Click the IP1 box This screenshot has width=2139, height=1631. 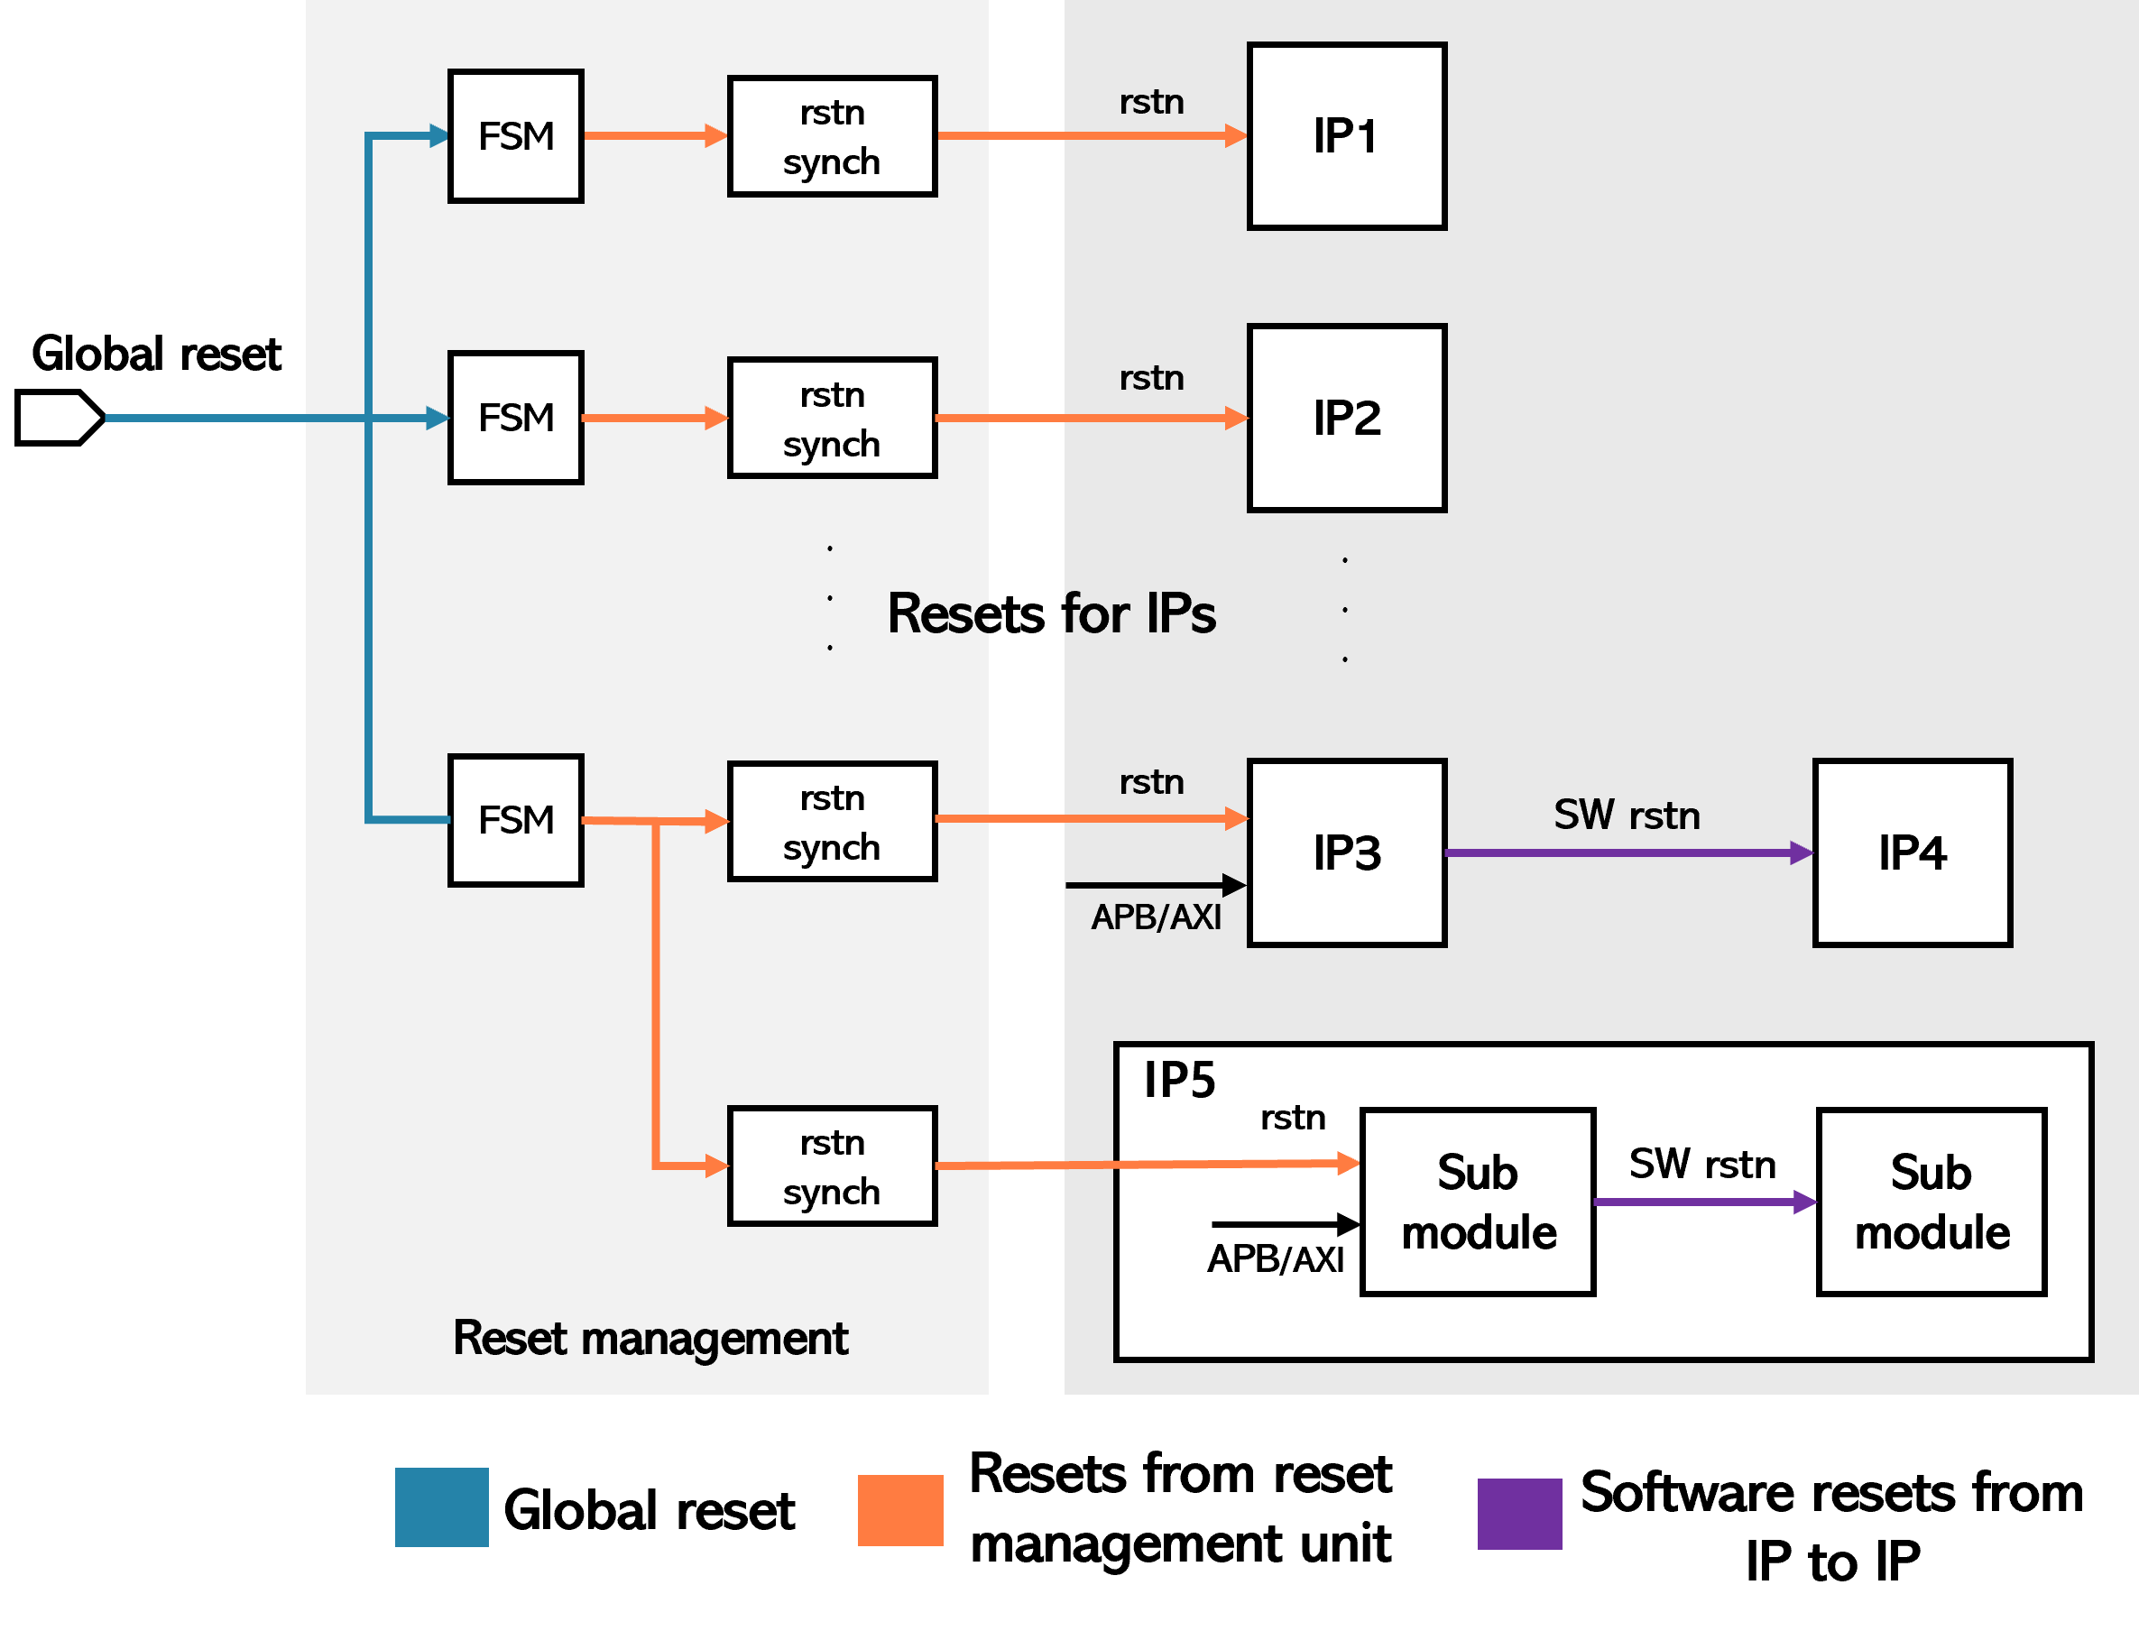[x=1346, y=136]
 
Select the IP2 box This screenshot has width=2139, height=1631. [x=1346, y=418]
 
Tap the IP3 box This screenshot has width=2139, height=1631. [x=1346, y=852]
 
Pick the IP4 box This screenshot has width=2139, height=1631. [x=1911, y=852]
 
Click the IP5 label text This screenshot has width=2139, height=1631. [x=1179, y=1081]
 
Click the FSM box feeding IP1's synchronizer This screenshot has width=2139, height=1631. [x=515, y=136]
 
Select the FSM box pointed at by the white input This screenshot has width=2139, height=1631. [x=515, y=418]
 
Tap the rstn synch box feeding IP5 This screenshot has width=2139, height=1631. [x=832, y=1166]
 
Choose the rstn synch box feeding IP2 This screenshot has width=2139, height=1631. [x=832, y=418]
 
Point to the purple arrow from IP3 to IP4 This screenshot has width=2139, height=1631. [x=1627, y=853]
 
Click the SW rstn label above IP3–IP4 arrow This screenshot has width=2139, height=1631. [x=1627, y=815]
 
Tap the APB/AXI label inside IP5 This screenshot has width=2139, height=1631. [x=1275, y=1259]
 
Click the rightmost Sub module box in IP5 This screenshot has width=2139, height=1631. [x=1932, y=1202]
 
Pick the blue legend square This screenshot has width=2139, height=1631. [x=442, y=1507]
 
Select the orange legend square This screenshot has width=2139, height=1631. [x=900, y=1509]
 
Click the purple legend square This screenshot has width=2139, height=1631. [x=1519, y=1514]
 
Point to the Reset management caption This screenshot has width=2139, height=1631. [x=650, y=1338]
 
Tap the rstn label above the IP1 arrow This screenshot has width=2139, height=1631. [x=1151, y=102]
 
